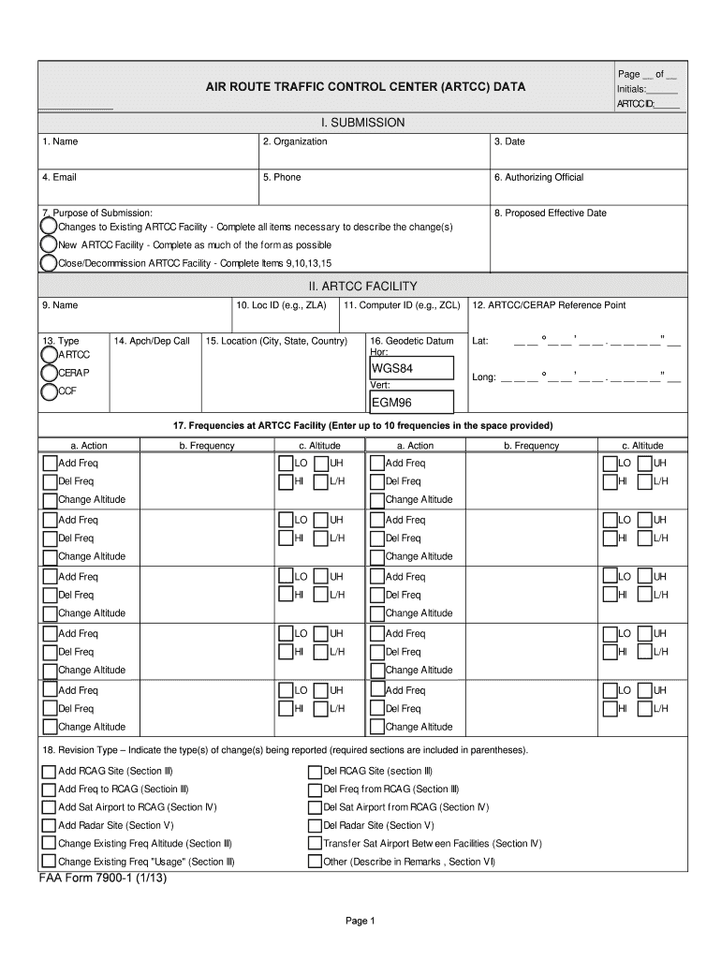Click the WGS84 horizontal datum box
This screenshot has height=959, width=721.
(411, 369)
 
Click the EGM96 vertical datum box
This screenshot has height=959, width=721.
(411, 403)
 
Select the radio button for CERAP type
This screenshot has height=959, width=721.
(48, 374)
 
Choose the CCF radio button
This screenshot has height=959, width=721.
(48, 392)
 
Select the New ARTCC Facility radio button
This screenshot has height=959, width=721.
(48, 244)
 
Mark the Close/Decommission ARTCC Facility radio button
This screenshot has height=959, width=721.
(48, 263)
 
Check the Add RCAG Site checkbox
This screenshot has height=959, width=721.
(49, 772)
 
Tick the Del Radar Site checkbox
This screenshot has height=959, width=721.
(316, 826)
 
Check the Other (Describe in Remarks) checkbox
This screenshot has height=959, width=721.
(316, 862)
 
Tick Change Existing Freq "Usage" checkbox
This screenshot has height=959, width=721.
(49, 862)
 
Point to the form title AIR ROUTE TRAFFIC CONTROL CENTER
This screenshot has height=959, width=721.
(365, 87)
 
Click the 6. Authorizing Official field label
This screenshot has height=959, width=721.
(538, 177)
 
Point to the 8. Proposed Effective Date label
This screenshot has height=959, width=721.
(551, 213)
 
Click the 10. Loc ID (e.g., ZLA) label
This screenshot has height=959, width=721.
(282, 305)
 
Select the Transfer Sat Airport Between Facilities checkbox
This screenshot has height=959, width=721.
(316, 844)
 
